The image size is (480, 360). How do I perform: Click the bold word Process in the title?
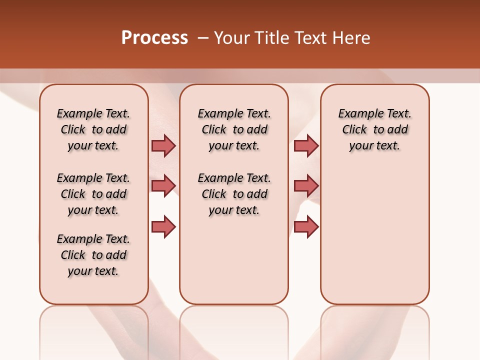154,38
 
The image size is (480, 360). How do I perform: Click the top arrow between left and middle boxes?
163,145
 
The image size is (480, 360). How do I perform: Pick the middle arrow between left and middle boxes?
163,186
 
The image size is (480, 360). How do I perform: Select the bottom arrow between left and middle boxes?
163,227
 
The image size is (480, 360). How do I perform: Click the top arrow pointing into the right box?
306,145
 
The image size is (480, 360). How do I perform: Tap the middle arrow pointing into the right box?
306,186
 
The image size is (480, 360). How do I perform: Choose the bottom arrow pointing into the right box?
306,227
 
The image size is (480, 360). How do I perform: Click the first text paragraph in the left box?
93,129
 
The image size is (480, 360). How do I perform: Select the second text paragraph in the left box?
93,194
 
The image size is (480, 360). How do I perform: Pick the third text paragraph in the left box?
93,255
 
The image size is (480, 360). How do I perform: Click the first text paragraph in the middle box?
234,129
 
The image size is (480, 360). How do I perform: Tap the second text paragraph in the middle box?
234,194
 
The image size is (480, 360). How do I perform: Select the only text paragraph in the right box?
374,129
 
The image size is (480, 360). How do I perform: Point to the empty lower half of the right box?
374,240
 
